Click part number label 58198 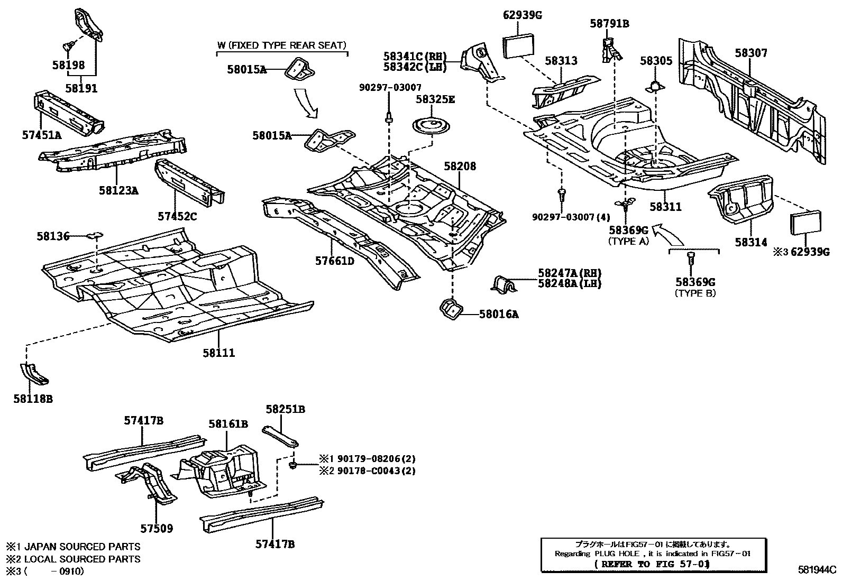click(x=68, y=65)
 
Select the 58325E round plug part click(x=431, y=127)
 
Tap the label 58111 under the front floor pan click(x=218, y=353)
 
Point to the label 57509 click(x=157, y=528)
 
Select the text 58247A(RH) click(x=570, y=273)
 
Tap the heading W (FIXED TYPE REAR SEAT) click(x=281, y=45)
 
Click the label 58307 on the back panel click(x=751, y=53)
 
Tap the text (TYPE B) click(x=695, y=293)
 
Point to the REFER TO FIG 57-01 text click(x=652, y=564)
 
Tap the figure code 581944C click(x=817, y=570)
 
